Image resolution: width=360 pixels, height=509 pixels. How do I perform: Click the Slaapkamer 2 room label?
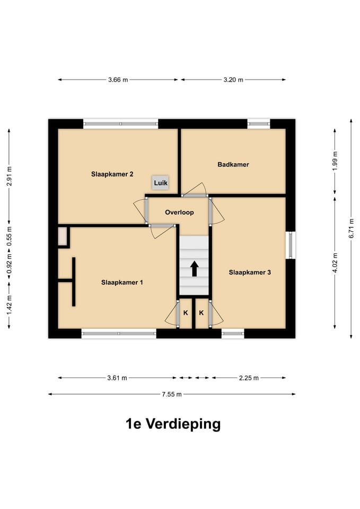[112, 173]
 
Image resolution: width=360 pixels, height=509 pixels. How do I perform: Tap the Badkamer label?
[233, 164]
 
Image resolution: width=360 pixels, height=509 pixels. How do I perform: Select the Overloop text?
[179, 212]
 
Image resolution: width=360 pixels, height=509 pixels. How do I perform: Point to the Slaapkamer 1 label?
[122, 283]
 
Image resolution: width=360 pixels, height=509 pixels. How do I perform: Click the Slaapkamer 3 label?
[250, 273]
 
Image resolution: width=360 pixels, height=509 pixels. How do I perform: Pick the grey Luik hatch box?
[161, 183]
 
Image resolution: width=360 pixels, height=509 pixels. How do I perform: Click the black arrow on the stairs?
[194, 268]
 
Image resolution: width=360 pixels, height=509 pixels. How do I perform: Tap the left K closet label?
[186, 313]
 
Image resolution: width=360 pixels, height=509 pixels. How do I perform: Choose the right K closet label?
[201, 313]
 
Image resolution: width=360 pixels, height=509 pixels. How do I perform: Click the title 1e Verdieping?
[173, 424]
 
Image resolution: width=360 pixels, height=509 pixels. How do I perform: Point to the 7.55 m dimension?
[171, 394]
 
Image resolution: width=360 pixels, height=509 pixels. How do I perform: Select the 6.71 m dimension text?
[352, 229]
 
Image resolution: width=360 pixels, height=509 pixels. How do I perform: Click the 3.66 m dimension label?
[118, 80]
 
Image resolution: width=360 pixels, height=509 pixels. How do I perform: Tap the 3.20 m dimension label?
[233, 80]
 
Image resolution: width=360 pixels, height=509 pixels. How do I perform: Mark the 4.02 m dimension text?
[335, 262]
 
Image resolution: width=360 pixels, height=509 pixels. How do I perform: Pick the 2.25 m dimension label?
[249, 378]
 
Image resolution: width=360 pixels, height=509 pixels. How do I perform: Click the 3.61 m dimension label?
[117, 378]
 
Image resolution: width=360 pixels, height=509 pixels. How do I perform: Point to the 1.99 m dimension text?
[335, 161]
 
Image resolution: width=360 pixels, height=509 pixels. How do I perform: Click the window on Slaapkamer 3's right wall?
[291, 245]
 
